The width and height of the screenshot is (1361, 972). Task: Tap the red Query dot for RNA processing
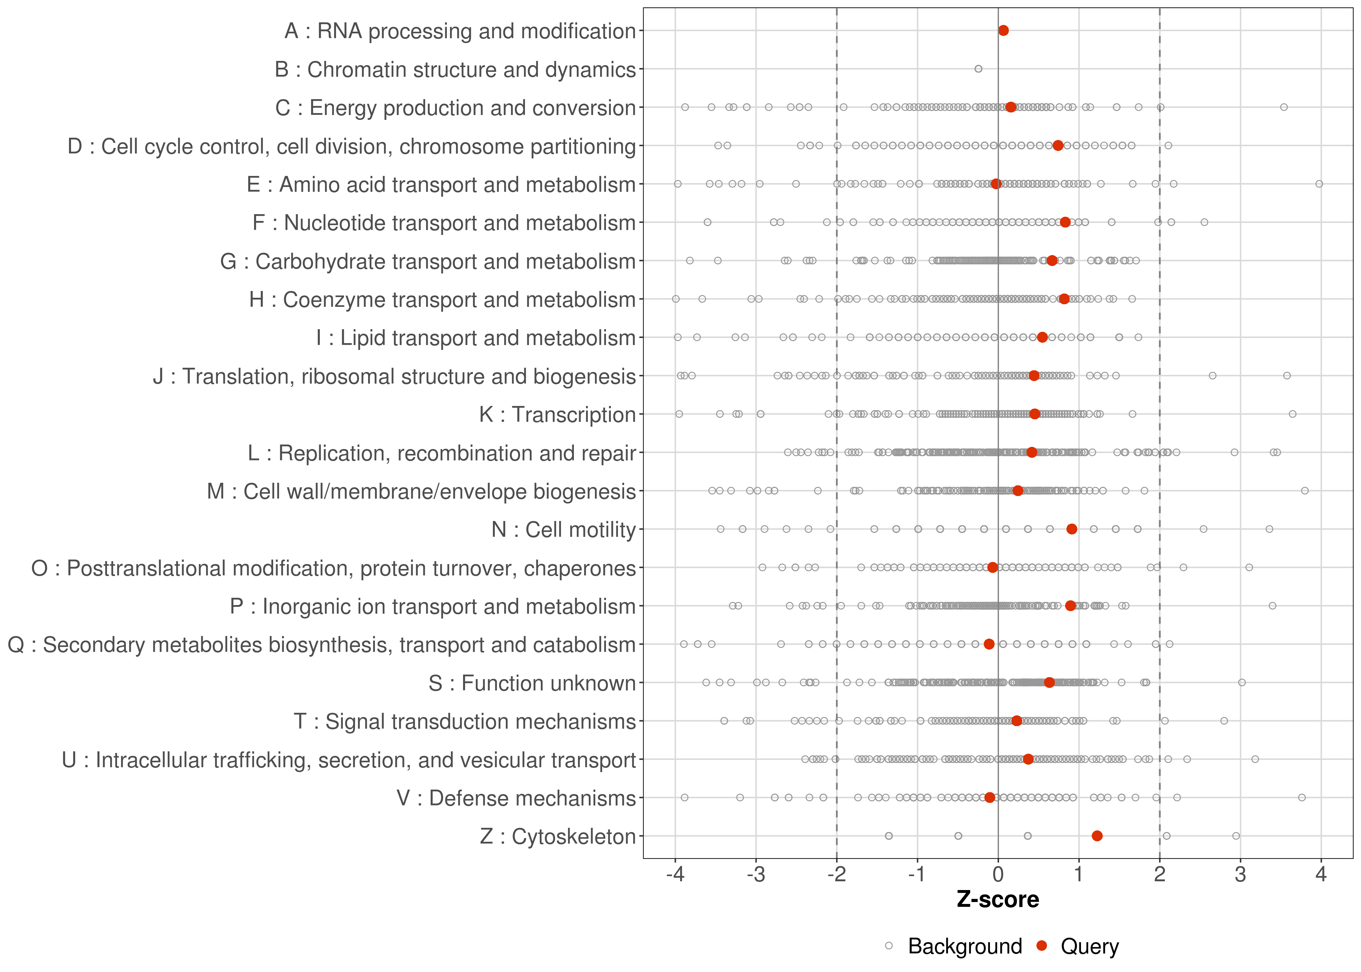[x=1003, y=30]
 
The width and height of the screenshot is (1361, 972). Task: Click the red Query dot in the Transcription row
[x=1035, y=413]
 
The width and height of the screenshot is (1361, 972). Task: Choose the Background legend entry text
[x=965, y=946]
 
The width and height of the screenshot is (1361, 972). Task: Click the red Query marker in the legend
[x=1042, y=946]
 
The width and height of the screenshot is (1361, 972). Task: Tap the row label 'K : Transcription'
[x=557, y=414]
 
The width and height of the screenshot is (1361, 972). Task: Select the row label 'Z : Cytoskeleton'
[x=557, y=836]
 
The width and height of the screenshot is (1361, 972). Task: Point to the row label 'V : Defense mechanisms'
[x=516, y=798]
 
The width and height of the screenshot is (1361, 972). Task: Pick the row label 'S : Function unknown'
[x=531, y=683]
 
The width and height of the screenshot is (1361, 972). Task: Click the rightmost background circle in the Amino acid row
[x=1319, y=184]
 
